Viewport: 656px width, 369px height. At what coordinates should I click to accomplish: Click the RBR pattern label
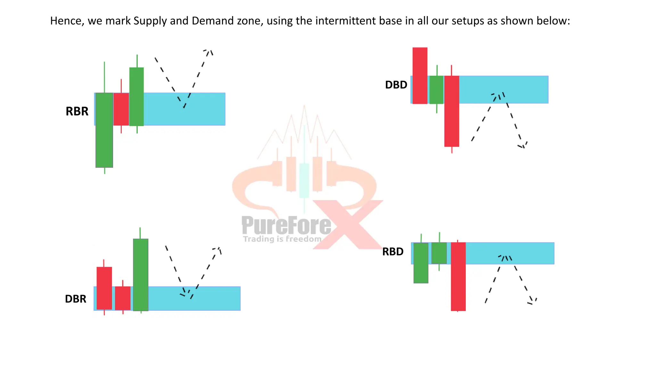click(x=77, y=111)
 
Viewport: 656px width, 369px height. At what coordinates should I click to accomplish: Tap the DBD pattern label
click(x=396, y=85)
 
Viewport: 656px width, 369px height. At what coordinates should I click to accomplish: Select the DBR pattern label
click(x=76, y=299)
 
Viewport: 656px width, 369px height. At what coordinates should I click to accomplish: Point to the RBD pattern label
click(x=393, y=252)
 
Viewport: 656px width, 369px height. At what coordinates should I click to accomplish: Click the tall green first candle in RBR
click(x=104, y=130)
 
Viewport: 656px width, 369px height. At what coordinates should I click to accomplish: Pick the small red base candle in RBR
click(x=121, y=109)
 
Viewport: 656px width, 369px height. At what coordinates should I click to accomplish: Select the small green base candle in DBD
click(x=436, y=90)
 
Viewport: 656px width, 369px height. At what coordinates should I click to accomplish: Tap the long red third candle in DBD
click(x=452, y=111)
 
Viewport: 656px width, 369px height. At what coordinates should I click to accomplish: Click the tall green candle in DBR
click(x=141, y=275)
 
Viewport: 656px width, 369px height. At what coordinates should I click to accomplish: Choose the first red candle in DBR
click(x=104, y=288)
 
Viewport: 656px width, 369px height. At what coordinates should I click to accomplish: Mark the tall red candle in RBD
click(x=458, y=276)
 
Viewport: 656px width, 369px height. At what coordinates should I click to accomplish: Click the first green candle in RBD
click(x=421, y=263)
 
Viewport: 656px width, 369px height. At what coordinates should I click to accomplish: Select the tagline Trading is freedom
click(x=282, y=239)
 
